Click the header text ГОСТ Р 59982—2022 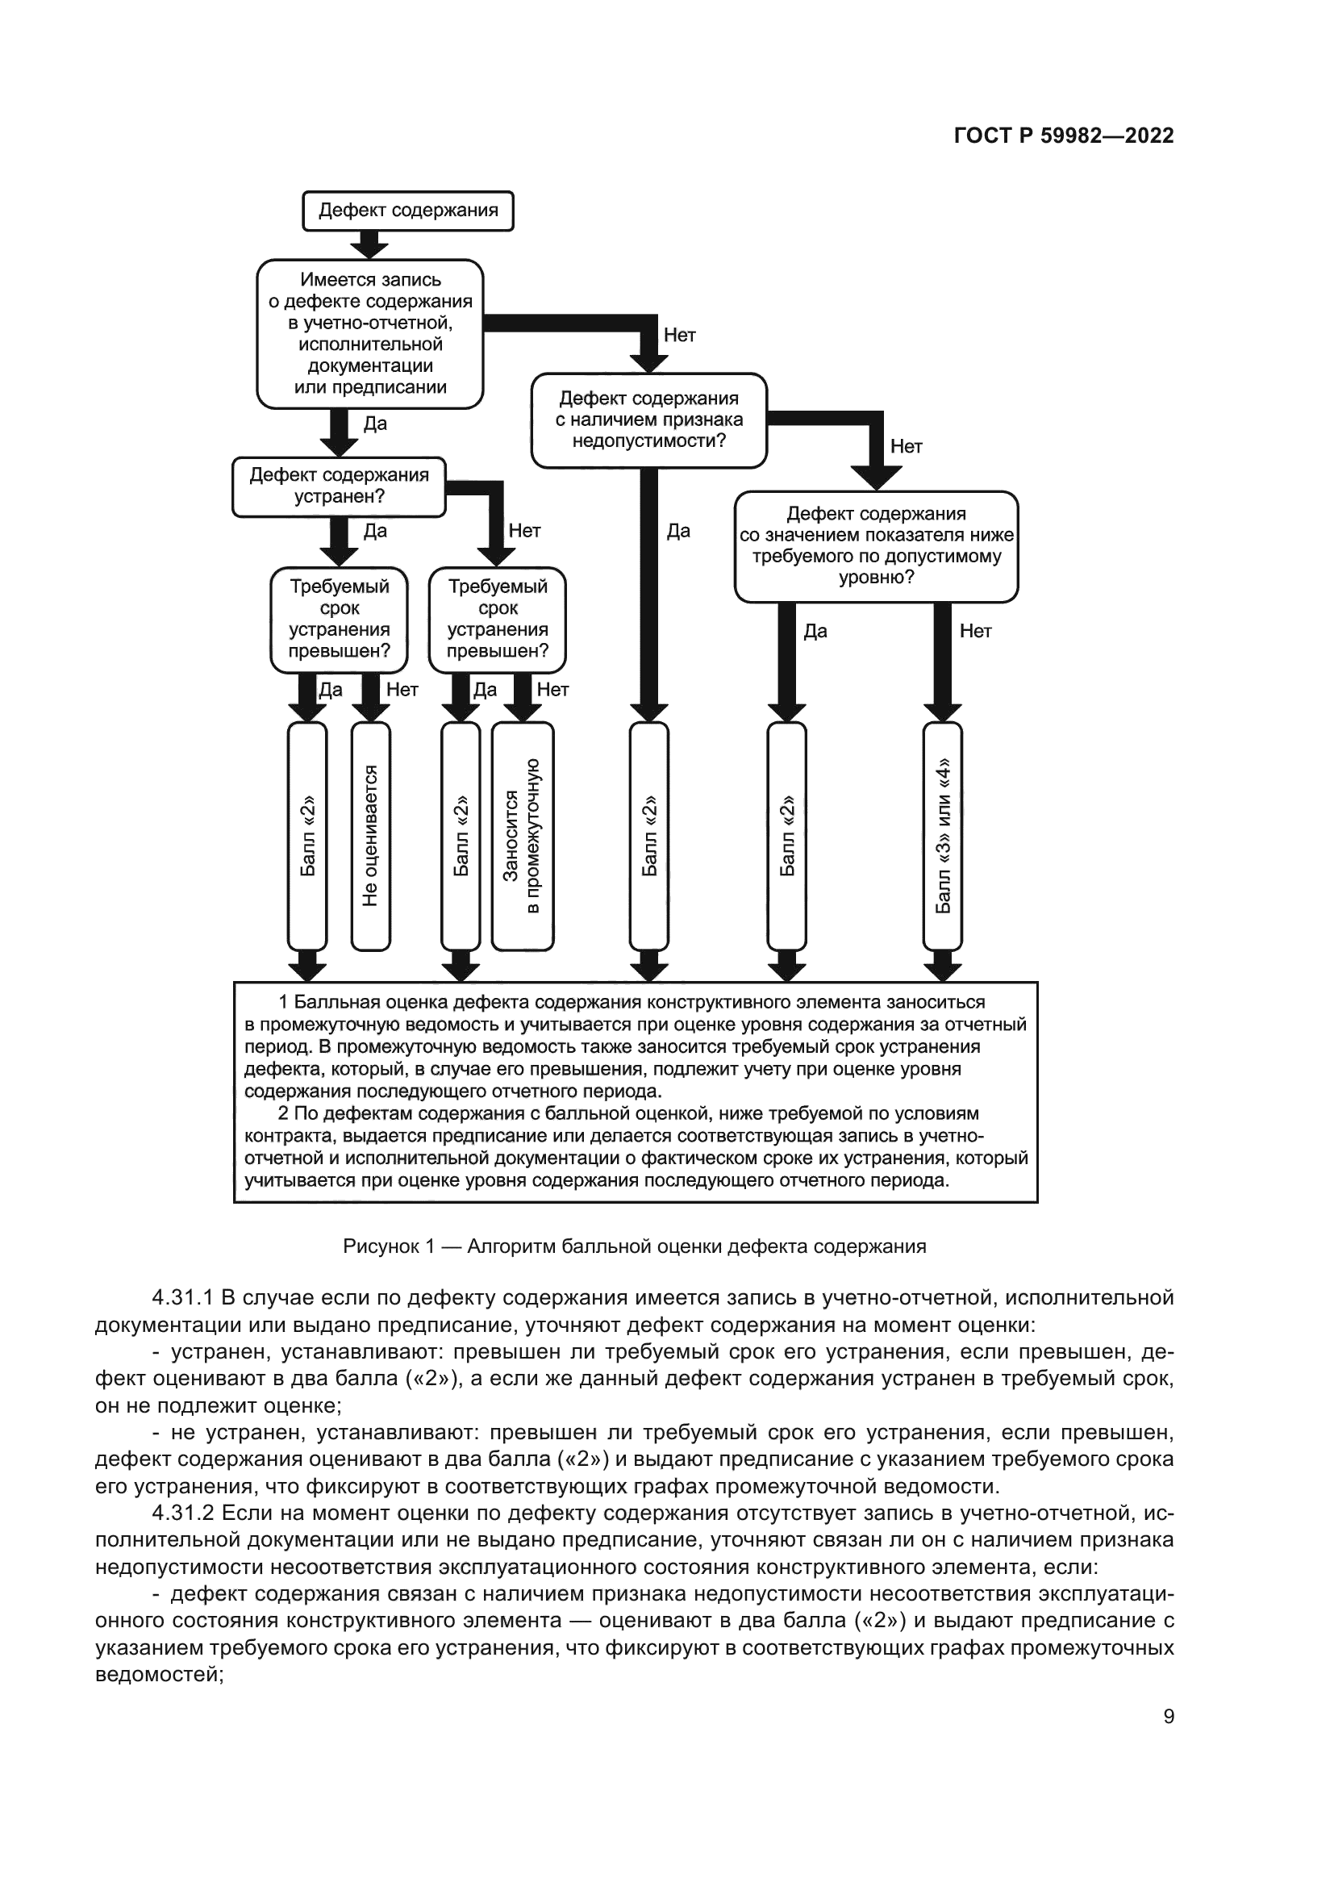point(1063,136)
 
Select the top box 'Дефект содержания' point(408,211)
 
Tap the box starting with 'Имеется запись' point(369,334)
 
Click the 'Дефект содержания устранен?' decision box point(339,486)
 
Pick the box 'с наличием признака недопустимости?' point(648,420)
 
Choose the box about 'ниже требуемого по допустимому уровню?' point(876,545)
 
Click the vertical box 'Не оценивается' point(370,836)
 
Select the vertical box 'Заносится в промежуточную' point(523,836)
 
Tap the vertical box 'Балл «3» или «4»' point(942,836)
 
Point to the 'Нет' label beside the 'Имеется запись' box point(679,336)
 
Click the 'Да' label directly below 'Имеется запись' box point(374,424)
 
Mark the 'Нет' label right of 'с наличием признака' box point(906,447)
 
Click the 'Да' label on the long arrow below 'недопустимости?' point(677,531)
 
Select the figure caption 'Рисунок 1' point(634,1246)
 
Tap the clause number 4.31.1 point(182,1298)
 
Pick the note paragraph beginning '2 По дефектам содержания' point(636,1147)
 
